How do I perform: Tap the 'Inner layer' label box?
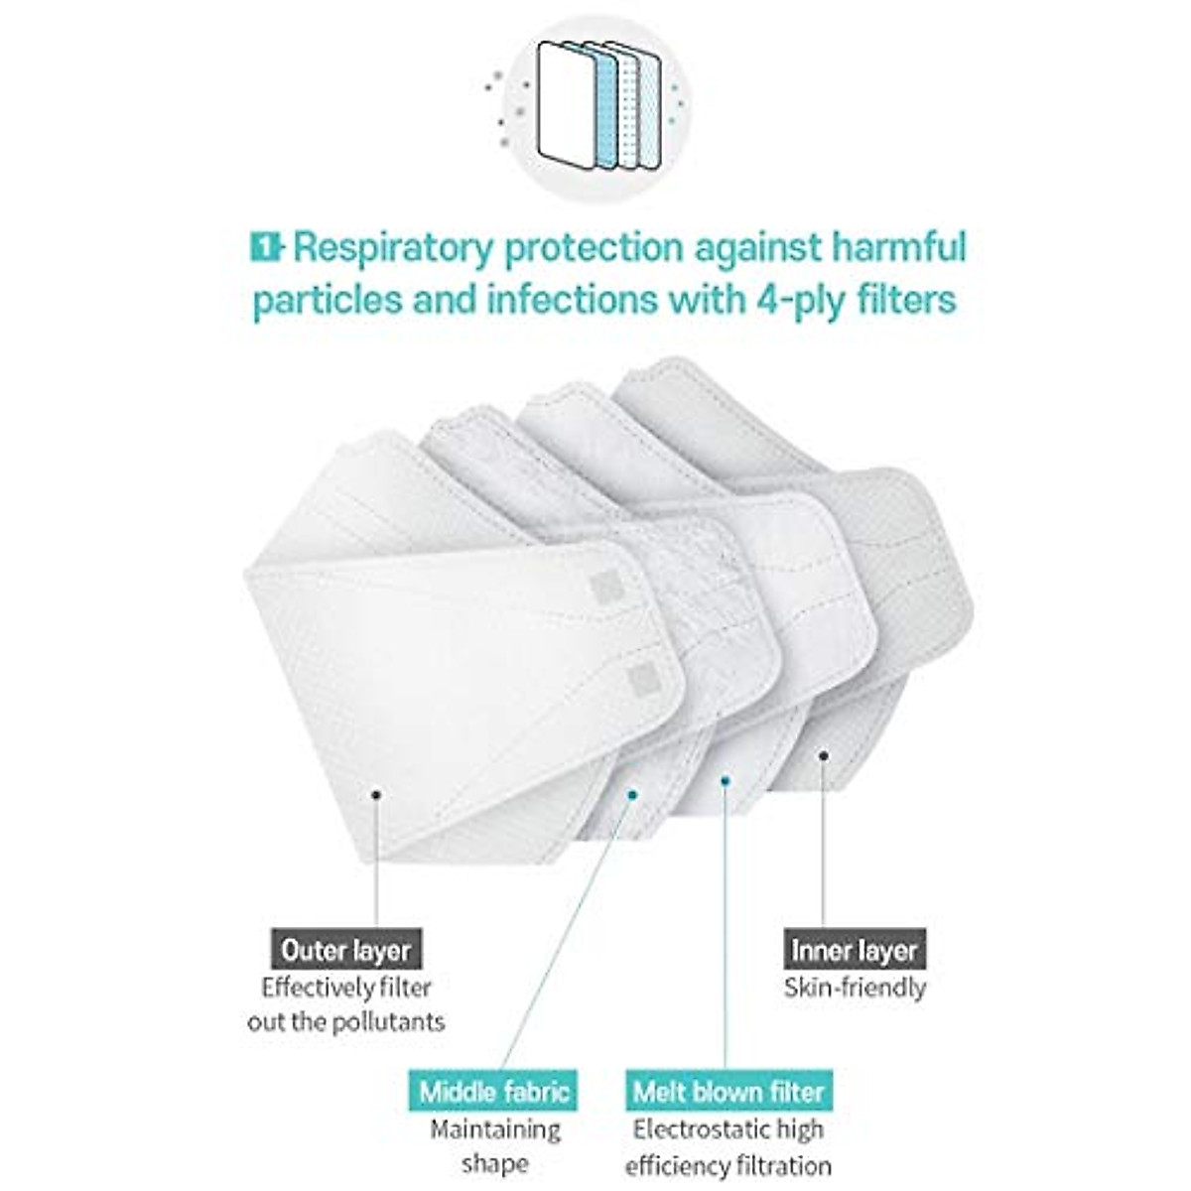855,950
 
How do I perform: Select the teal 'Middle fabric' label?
494,1092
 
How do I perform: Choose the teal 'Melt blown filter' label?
728,1092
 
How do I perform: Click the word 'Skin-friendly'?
855,988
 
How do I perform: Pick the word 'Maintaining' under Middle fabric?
494,1129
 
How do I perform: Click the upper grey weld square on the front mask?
607,588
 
